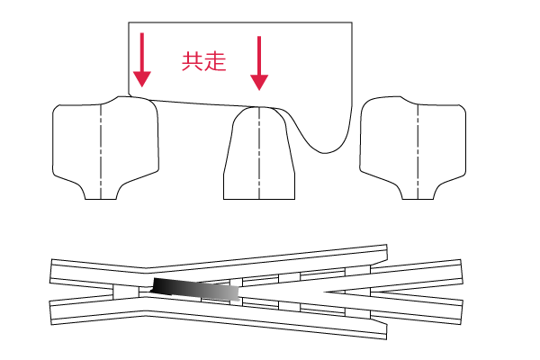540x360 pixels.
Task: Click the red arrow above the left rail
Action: click(142, 59)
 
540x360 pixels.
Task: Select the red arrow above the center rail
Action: click(259, 63)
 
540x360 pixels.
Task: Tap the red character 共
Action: click(193, 62)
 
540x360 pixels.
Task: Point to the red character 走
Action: click(215, 62)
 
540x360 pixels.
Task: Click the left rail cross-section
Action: click(105, 148)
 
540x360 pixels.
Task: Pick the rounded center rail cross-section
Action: click(259, 153)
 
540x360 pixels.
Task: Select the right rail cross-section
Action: click(413, 148)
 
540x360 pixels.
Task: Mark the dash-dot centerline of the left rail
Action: click(101, 151)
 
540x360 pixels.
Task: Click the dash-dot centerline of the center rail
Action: click(259, 153)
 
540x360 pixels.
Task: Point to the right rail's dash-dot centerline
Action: click(418, 151)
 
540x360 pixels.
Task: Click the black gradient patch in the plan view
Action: click(195, 289)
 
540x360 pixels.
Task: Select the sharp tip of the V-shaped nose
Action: click(325, 292)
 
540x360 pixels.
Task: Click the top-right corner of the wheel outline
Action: click(352, 22)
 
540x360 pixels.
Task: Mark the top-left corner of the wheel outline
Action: click(129, 22)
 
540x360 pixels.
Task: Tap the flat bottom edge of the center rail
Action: click(259, 199)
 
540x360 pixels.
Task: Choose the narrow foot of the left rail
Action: click(101, 193)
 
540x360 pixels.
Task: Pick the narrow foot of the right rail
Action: click(418, 193)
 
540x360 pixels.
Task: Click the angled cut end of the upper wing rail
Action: click(386, 253)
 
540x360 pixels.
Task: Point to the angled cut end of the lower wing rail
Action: click(386, 330)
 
